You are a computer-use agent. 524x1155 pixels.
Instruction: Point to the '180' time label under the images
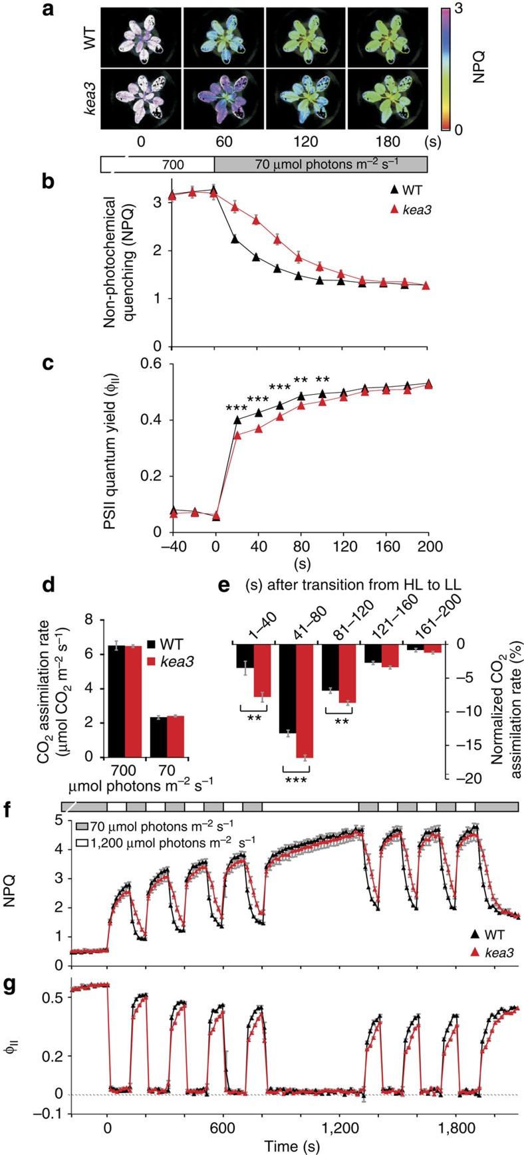(x=387, y=142)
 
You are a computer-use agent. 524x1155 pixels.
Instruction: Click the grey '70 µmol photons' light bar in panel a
(x=320, y=164)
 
